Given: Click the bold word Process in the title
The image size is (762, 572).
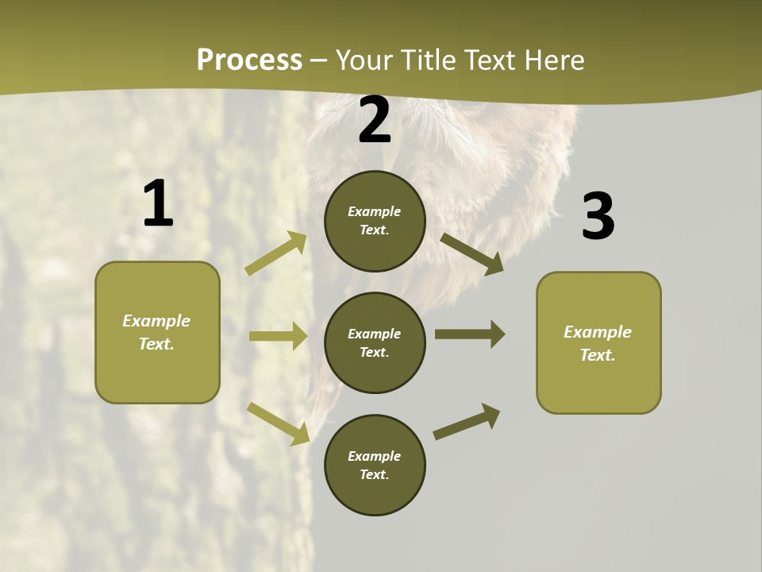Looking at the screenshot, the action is coord(249,60).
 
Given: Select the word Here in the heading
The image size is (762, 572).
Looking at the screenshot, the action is coord(552,60).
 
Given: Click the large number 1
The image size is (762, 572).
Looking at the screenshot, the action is coord(158,204).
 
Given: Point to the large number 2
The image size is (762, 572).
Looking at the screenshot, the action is coord(375,120).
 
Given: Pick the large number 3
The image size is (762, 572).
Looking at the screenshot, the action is coord(598,216).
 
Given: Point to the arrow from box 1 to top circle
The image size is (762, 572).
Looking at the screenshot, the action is coord(276,253).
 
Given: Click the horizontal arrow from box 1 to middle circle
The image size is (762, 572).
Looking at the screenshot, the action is coord(278,336).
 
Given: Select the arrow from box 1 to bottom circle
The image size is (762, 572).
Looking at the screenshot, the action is coord(278,423).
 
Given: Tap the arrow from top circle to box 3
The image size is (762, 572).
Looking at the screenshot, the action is coord(471,253).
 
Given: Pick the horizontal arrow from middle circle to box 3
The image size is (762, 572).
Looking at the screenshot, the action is coord(469,334).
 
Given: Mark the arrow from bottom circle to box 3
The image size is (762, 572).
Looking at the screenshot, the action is coord(467,422).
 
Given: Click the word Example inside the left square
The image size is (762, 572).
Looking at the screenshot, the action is coord(156,321).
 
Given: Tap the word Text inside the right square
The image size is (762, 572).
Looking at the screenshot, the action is coord(597,355).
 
